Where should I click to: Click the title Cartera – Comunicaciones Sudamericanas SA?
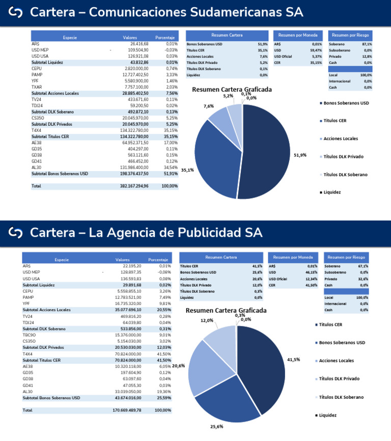point(166,12)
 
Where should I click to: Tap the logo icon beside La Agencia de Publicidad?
point(16,233)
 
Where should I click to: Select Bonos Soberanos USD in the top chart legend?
point(346,103)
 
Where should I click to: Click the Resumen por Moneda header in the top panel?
point(298,35)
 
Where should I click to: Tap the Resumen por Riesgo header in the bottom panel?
point(346,258)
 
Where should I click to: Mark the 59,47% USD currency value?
point(316,50)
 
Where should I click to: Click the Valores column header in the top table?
point(130,38)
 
